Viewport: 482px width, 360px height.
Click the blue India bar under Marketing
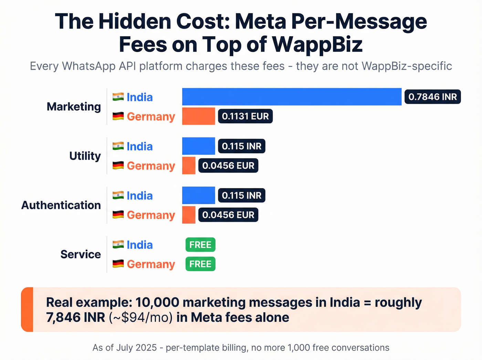coord(292,97)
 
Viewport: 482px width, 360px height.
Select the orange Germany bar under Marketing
coord(198,116)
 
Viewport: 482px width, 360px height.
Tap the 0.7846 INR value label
coord(432,97)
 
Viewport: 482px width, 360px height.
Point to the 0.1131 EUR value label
coord(245,116)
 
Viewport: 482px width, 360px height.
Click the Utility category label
coord(85,156)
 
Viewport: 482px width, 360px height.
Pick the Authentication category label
coord(61,205)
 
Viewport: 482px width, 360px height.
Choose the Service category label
coord(81,255)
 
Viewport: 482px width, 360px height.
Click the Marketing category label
coord(74,107)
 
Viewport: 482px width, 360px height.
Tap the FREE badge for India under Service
coord(200,245)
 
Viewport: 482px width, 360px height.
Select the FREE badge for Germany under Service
coord(200,264)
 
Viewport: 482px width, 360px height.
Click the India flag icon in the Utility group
coord(118,146)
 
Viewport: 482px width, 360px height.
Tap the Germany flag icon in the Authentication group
coord(118,215)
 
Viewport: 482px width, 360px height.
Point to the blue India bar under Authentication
coord(198,195)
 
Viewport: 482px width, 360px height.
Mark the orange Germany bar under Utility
coord(189,166)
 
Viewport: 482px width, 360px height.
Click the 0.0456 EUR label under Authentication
coord(228,215)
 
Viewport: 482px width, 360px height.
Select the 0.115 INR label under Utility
coord(241,146)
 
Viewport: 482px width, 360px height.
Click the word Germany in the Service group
coord(151,264)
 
